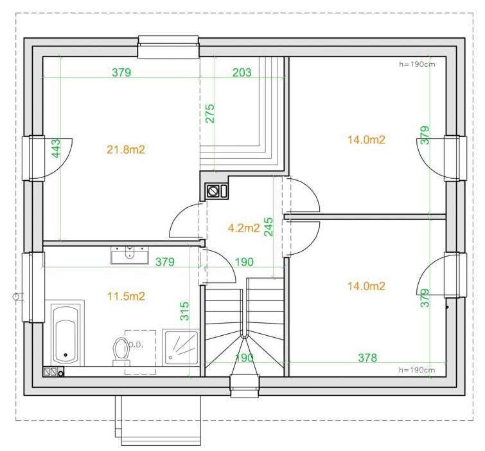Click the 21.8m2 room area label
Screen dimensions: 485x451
pos(126,150)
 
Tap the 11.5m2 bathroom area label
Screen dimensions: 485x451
pos(126,297)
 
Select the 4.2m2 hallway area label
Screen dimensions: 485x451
pos(243,228)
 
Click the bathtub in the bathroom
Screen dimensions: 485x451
pos(65,334)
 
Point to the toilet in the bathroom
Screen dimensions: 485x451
pos(120,351)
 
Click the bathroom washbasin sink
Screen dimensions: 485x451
pos(130,255)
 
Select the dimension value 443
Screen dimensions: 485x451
pos(56,149)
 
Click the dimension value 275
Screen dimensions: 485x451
pos(209,114)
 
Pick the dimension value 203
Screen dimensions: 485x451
pos(242,73)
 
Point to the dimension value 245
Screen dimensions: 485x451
pos(269,227)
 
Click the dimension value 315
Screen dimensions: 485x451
pos(184,311)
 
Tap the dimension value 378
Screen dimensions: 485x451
pos(367,358)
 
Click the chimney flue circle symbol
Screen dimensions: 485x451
pos(213,191)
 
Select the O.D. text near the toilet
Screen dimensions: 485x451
pos(135,345)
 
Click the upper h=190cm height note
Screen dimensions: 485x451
pos(417,64)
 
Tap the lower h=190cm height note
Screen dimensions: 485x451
pos(417,370)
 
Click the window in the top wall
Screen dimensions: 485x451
pos(168,47)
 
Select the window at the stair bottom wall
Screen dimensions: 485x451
pos(244,386)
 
